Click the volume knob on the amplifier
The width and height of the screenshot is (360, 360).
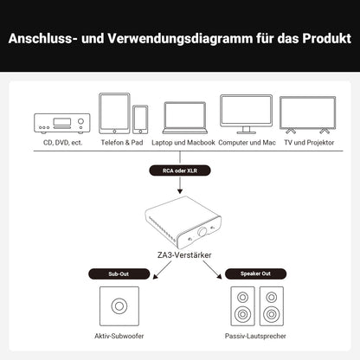pos(206,234)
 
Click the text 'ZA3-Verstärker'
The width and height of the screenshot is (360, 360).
pos(179,256)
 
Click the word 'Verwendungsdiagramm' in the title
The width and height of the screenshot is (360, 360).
pos(164,40)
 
